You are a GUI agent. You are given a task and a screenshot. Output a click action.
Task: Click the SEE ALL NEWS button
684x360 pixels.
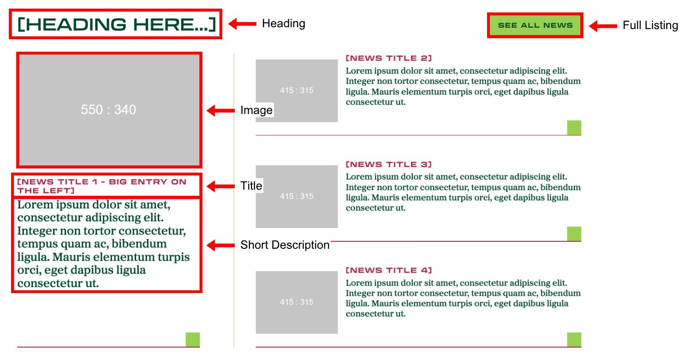[535, 25]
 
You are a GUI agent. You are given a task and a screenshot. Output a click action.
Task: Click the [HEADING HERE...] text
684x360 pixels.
[116, 24]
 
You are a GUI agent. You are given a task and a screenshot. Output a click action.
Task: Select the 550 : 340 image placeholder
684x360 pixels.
[109, 110]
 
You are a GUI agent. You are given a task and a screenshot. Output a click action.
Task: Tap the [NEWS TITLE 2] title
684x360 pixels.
[388, 58]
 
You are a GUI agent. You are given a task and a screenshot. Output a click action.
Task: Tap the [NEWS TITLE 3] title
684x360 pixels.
[388, 164]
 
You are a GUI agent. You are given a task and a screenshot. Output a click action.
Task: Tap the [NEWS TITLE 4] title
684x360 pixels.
[388, 270]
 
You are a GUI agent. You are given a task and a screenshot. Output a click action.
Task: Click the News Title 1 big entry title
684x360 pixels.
[101, 186]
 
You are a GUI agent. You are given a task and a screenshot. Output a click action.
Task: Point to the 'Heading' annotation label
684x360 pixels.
[283, 24]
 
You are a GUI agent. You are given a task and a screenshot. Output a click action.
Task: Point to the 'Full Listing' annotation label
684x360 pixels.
[650, 25]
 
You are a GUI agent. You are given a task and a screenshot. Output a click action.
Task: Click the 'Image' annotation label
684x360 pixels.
[256, 110]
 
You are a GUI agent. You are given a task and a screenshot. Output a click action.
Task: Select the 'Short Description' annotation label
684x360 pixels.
[285, 245]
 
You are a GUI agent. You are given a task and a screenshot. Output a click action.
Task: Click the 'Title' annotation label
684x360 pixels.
[251, 186]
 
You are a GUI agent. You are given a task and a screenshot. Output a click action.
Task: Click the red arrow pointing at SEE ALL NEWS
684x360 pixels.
[603, 26]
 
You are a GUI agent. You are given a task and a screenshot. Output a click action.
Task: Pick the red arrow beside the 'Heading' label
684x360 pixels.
[242, 24]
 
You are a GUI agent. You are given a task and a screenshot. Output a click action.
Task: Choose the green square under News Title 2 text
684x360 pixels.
[574, 128]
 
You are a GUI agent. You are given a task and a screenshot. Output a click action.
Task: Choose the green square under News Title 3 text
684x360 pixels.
[574, 234]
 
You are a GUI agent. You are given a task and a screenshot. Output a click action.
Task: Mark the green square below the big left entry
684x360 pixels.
[193, 340]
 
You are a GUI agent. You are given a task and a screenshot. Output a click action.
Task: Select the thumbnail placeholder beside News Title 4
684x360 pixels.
[297, 302]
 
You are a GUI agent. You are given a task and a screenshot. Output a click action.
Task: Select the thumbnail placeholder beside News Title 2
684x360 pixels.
[297, 91]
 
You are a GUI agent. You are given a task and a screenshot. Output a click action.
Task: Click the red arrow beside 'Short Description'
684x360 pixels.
[220, 246]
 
